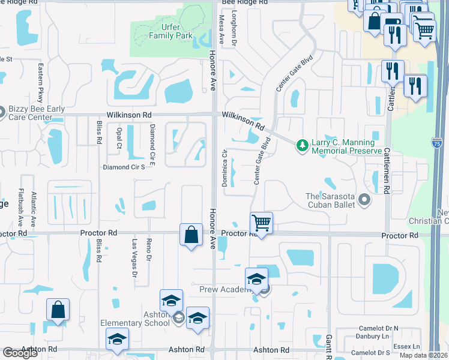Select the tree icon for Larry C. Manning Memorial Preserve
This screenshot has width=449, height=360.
302,144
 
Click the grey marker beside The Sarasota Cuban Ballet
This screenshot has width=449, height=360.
363,199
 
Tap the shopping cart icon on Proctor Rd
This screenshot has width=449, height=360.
261,223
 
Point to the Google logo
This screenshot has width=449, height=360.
20,353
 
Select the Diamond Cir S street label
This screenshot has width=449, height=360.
124,167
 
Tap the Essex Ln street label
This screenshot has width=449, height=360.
407,346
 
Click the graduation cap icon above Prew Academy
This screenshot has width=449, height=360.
256,278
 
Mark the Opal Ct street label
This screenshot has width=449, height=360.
119,139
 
